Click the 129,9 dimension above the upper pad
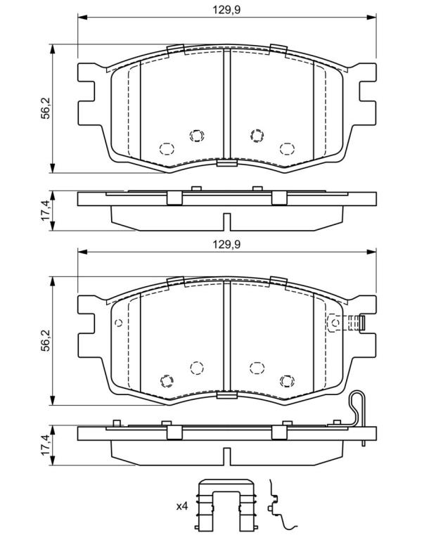coord(226,10)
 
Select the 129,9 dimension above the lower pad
coord(226,245)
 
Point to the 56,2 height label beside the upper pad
coord(46,108)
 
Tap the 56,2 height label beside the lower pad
coord(46,340)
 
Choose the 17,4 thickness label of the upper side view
coord(46,210)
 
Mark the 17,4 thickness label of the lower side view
coord(46,445)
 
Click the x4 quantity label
coord(182,506)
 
